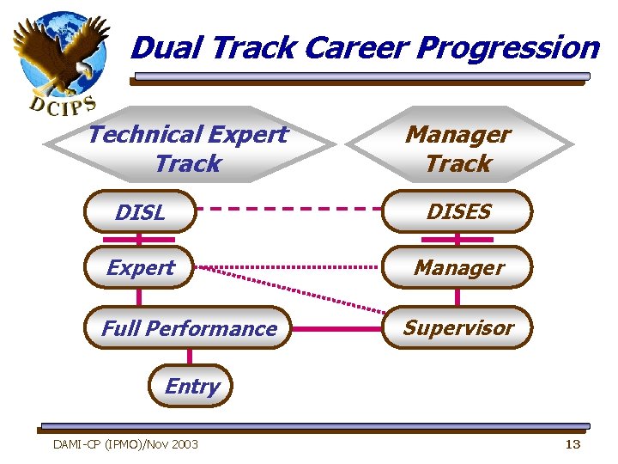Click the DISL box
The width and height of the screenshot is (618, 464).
140,212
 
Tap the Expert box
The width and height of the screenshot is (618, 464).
140,268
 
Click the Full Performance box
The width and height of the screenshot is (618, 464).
189,328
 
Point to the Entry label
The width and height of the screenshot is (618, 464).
191,387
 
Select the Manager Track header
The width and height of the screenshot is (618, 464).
458,148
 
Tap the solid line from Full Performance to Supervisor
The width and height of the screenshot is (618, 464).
336,328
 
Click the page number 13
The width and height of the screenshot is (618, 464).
573,443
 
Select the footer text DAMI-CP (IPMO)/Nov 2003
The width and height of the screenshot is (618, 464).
125,444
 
